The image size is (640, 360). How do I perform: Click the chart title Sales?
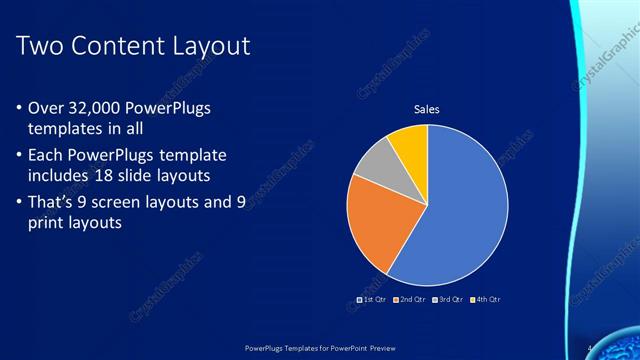click(427, 109)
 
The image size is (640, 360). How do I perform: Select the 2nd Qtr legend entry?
click(412, 299)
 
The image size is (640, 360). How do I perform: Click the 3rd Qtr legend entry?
click(451, 299)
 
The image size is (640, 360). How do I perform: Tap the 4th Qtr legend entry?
click(488, 299)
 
